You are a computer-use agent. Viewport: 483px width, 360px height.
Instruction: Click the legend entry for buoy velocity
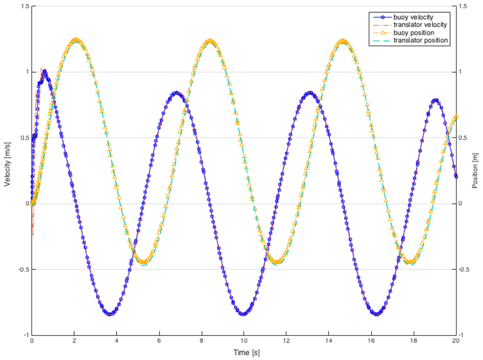click(413, 17)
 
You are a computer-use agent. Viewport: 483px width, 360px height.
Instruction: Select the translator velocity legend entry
click(420, 25)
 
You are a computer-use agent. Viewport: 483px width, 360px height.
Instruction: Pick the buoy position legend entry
click(412, 33)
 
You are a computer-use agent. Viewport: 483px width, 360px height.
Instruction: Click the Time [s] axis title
click(243, 353)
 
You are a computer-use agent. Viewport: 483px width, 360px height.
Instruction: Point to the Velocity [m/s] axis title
click(8, 171)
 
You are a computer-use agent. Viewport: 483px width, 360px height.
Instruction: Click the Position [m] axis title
click(475, 171)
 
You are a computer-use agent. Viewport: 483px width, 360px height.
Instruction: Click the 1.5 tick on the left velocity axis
click(24, 6)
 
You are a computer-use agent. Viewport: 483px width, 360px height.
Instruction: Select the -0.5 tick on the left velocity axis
click(23, 269)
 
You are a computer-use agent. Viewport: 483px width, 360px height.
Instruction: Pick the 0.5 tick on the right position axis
click(465, 138)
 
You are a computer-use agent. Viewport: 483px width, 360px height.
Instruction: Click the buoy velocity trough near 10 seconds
click(244, 314)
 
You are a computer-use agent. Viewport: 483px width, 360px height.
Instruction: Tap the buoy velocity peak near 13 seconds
click(309, 93)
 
